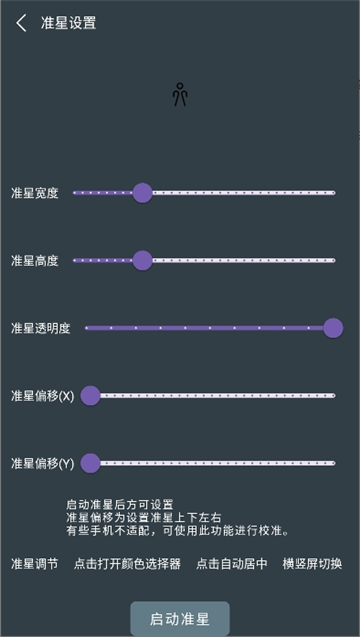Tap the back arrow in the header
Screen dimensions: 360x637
(21, 23)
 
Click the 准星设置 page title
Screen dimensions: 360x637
(69, 23)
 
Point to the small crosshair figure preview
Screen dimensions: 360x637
(180, 94)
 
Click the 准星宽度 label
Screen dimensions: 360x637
(35, 193)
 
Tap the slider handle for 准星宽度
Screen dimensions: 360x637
(142, 193)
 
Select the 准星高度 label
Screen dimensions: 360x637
(35, 261)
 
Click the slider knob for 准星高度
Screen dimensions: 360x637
(142, 261)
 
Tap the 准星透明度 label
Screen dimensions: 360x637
(41, 328)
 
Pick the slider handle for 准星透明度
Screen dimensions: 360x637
(333, 328)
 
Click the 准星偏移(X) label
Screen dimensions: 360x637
(42, 396)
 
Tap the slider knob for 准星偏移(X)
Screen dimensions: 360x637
(91, 396)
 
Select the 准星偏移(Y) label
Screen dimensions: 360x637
(42, 463)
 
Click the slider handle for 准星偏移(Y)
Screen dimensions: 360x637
(91, 463)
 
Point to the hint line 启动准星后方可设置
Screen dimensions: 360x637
(120, 505)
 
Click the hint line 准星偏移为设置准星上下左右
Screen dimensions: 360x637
(143, 517)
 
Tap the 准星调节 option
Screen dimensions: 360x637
(35, 564)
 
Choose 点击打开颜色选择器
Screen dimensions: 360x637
(127, 564)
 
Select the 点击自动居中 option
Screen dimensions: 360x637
(232, 564)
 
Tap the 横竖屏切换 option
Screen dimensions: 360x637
(312, 564)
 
